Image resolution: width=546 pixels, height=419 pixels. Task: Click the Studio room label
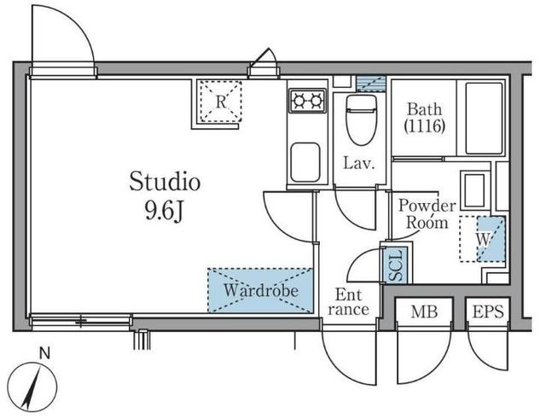165,182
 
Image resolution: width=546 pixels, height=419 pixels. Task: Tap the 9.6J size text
164,211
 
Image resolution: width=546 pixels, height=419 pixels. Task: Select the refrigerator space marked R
220,101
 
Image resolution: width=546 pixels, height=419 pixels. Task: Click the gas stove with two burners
307,101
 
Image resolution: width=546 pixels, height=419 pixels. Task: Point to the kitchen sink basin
305,162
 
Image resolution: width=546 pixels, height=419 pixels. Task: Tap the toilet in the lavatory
362,119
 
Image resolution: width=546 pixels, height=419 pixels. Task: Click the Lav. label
359,163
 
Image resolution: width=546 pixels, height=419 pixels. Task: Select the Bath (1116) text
425,118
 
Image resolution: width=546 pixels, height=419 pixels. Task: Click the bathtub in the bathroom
484,118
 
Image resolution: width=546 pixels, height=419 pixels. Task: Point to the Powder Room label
427,214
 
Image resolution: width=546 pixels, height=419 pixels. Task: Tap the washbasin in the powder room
475,190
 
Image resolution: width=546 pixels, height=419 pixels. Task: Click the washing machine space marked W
482,239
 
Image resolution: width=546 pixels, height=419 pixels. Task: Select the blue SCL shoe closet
397,265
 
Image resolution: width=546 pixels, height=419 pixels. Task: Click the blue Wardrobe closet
260,290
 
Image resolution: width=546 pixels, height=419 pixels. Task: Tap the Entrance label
348,302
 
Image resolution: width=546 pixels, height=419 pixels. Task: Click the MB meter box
424,311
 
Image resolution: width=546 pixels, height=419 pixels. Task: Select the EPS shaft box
488,311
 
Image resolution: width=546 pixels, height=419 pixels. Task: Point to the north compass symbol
32,387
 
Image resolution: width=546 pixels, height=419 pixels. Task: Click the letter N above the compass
44,354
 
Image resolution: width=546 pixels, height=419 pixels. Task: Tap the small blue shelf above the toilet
371,84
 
